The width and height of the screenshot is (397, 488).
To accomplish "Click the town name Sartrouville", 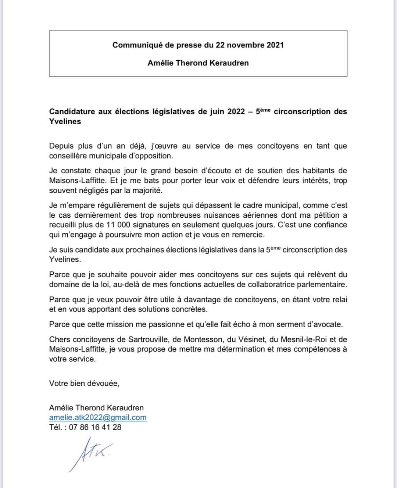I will pos(148,339).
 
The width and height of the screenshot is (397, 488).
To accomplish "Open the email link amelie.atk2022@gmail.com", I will pos(98,417).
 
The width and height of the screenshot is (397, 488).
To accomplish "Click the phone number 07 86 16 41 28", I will pos(95,427).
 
